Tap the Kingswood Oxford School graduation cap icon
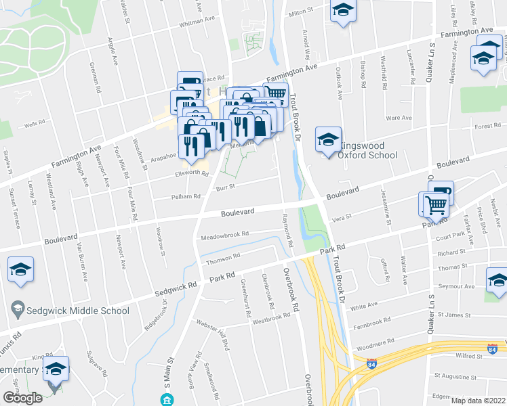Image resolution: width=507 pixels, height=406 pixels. pyautogui.click(x=329, y=140)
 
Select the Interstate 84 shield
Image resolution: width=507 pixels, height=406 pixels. pyautogui.click(x=492, y=349)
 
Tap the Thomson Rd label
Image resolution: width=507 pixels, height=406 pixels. pyautogui.click(x=224, y=256)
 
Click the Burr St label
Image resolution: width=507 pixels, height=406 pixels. pyautogui.click(x=225, y=186)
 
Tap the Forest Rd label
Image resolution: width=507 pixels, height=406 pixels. pyautogui.click(x=487, y=126)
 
